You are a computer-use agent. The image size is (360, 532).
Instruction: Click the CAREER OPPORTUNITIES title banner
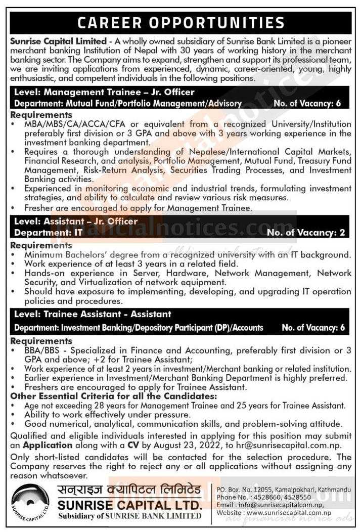pos(180,23)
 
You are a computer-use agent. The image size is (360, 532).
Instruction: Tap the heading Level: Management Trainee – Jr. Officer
pos(105,93)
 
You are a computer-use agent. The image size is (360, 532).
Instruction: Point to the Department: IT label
pos(43,233)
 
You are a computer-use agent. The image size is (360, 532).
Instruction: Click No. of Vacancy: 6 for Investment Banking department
pos(313,328)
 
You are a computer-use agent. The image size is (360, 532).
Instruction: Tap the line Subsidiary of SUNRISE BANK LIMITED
pos(129,516)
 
